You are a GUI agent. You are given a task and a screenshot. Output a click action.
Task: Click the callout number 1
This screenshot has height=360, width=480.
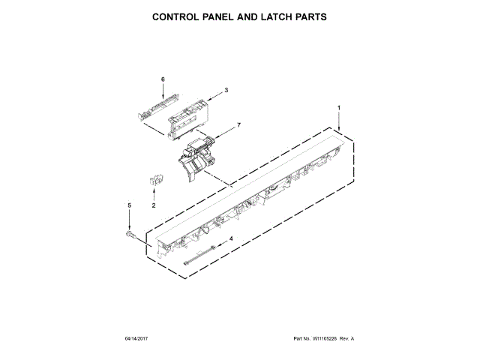click(338, 109)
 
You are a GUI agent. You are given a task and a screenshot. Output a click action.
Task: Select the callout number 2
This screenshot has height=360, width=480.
click(153, 205)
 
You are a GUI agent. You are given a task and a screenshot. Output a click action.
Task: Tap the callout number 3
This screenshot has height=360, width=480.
click(226, 91)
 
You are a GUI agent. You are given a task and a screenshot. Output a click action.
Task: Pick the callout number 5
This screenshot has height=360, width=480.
click(128, 205)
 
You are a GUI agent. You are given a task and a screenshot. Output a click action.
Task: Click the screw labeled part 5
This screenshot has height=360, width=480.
click(130, 235)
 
